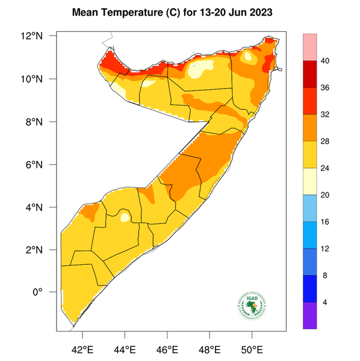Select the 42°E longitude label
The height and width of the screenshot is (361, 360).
[x=82, y=349]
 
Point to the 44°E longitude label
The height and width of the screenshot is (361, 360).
[x=125, y=349]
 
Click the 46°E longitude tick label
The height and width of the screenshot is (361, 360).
[x=167, y=349]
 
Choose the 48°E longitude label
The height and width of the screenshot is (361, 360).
[x=209, y=349]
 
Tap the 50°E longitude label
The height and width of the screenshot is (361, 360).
[x=252, y=349]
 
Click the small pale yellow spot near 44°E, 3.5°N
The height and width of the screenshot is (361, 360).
[x=125, y=217]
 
